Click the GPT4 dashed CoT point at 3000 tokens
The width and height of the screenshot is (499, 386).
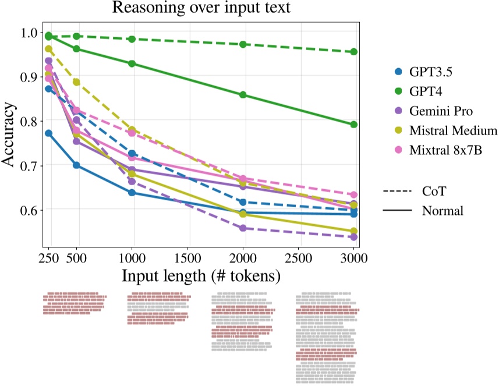tap(354, 52)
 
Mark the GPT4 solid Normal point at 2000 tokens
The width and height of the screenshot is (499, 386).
tap(243, 95)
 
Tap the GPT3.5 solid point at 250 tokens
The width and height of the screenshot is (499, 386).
tap(49, 133)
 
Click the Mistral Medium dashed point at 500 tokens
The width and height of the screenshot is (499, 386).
tap(76, 82)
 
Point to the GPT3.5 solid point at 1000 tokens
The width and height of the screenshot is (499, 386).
tap(132, 192)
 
